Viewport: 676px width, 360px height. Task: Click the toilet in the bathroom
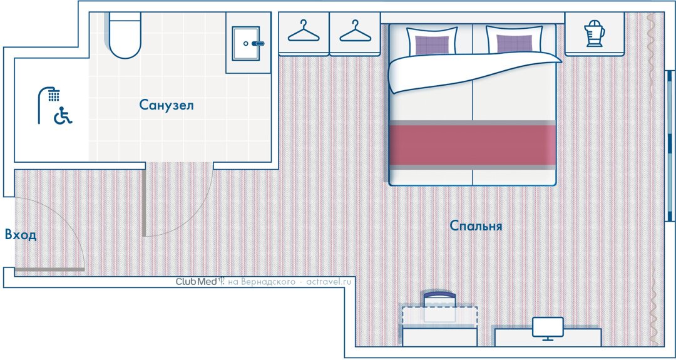[x=125, y=34]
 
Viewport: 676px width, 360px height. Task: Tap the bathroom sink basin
[x=246, y=43]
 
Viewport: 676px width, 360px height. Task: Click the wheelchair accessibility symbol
[x=63, y=116]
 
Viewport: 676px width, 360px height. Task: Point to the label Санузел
[x=166, y=105]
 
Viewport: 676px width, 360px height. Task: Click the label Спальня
[x=476, y=225]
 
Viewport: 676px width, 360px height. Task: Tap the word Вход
[x=21, y=235]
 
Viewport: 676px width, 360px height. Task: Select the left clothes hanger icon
[x=304, y=31]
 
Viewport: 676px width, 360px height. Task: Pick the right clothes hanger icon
[x=356, y=31]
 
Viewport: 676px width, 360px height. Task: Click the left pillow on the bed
[x=432, y=41]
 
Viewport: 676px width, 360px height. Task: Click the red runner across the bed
[x=473, y=145]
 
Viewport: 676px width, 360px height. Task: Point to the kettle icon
[x=594, y=33]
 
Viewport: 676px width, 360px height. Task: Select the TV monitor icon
[x=548, y=329]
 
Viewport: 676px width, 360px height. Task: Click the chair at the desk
[x=439, y=307]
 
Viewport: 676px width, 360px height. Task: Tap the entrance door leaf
[x=49, y=269]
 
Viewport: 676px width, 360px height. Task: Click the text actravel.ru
[x=329, y=282]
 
